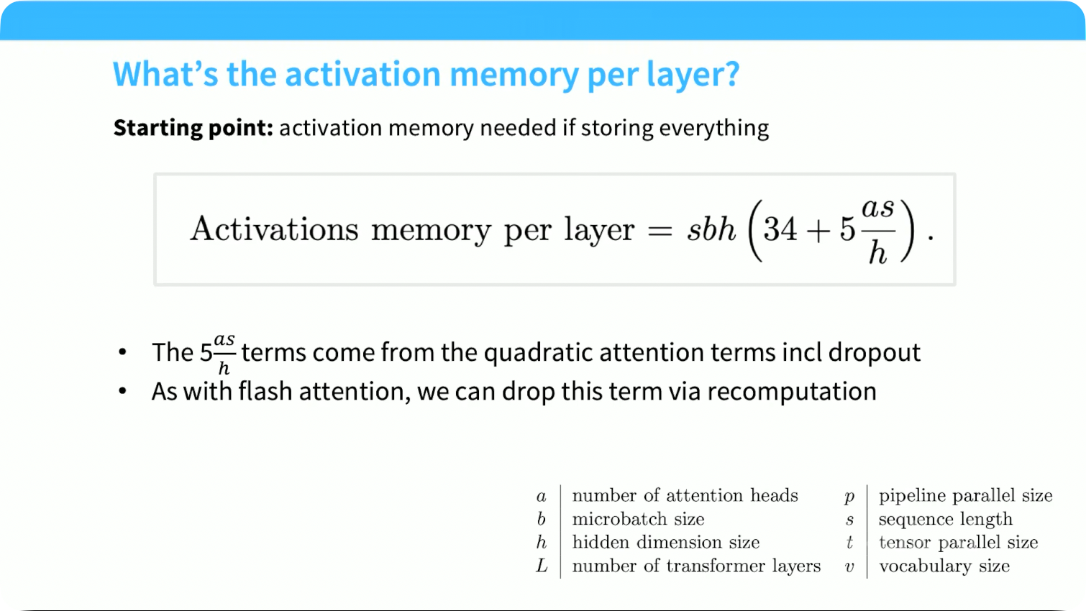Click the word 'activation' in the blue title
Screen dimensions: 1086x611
[x=362, y=74]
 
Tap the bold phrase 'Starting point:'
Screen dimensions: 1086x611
[x=193, y=129]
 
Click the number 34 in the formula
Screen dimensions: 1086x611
[x=780, y=229]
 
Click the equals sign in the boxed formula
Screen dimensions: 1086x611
[x=660, y=230]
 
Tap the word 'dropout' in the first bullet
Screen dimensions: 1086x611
[x=874, y=353]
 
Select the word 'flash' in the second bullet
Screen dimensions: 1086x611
[x=265, y=391]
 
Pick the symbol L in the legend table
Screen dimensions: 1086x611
[x=542, y=566]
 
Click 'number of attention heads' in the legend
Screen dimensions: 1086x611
[x=685, y=496]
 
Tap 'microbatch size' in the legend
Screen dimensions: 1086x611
[x=638, y=519]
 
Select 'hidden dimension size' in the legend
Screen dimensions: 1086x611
[x=666, y=542]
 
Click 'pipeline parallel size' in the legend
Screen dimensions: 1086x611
[x=965, y=496]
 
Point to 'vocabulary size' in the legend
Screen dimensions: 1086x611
[x=944, y=566]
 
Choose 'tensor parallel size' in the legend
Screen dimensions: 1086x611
[x=958, y=543]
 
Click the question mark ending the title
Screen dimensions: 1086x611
[x=731, y=74]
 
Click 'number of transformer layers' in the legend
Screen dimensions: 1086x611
[x=696, y=566]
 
